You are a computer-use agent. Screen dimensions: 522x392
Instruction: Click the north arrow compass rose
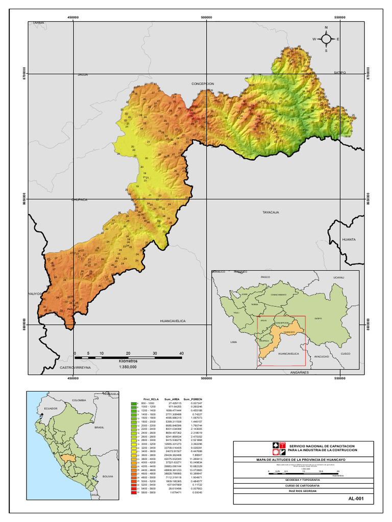click(326, 39)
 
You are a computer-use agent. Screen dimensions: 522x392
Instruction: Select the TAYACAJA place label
click(271, 212)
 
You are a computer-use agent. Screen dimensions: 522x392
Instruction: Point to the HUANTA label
click(349, 239)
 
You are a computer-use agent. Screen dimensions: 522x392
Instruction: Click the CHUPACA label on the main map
click(80, 200)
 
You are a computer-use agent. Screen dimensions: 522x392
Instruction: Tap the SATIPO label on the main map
click(340, 73)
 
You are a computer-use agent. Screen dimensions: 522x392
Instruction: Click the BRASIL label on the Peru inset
click(99, 428)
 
